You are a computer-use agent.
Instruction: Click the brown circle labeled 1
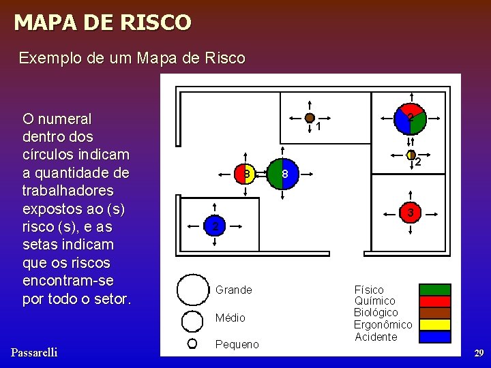coord(310,118)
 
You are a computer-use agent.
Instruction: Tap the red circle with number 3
coord(411,213)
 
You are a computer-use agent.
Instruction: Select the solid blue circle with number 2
coord(214,226)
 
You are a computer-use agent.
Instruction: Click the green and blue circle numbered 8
coord(282,174)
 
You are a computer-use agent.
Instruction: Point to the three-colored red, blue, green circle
coord(411,119)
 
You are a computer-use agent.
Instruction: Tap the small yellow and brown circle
coord(411,155)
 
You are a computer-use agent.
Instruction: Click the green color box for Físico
coord(434,290)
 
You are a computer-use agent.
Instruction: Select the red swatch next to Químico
coord(434,301)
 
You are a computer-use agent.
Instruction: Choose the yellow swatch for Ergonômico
coord(434,324)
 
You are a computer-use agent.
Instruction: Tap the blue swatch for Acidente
coord(434,336)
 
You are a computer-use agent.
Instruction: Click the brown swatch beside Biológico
coord(434,313)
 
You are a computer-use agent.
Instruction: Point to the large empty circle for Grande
coord(192,290)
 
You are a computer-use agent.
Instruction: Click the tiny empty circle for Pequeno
coord(192,343)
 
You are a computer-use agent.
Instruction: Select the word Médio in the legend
coord(230,318)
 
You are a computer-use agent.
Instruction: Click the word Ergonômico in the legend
coord(383,325)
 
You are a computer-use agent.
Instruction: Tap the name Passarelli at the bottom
coord(34,352)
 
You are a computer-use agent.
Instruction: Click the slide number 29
coord(479,353)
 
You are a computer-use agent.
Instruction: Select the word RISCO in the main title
coord(154,22)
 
